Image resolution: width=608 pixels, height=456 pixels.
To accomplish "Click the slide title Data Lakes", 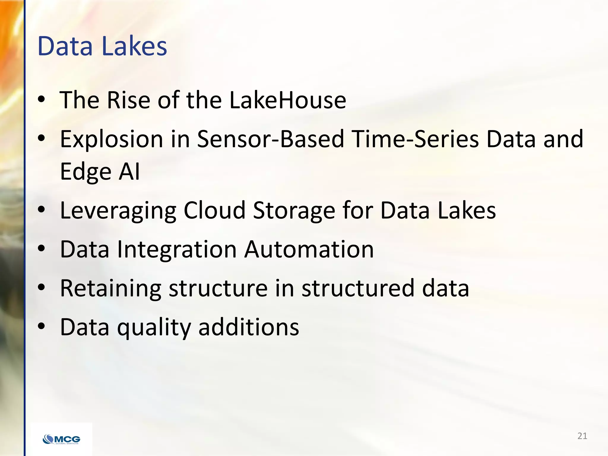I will point(102,46).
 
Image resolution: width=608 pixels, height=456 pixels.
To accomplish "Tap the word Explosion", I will point(112,139).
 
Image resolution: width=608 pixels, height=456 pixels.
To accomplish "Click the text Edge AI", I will point(100,172).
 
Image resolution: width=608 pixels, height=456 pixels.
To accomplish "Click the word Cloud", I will point(214,210).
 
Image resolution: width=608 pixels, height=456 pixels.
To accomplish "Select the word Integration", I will point(177,249).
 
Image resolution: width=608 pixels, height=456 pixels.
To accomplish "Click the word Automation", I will point(309,249).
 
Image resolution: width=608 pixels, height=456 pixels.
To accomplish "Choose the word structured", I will point(358,288).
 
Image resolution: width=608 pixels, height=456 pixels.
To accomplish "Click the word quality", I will point(154,327).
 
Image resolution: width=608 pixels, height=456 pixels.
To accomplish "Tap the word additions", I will point(248,327).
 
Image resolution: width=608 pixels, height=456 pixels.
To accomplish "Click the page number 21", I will point(582,436).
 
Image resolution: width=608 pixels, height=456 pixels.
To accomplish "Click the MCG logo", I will point(61,439).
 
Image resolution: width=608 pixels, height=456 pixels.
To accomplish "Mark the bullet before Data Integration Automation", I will point(42,249).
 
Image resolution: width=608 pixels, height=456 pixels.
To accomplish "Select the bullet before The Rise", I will point(42,99).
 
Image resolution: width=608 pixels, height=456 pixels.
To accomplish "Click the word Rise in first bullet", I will point(128,100).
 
